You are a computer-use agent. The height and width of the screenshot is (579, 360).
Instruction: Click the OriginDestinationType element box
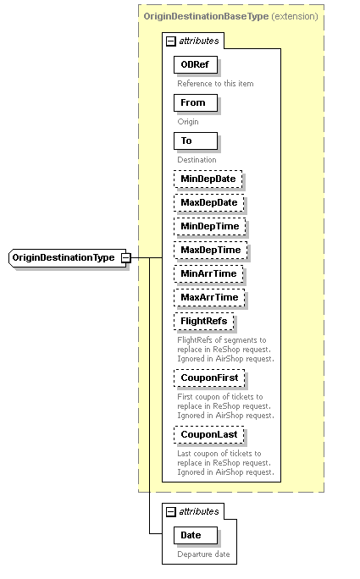pos(64,257)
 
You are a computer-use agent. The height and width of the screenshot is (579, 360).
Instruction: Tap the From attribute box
pos(194,103)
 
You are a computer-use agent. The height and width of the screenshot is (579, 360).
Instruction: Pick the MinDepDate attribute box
pos(208,179)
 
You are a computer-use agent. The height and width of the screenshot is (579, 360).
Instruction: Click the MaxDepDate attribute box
pos(208,202)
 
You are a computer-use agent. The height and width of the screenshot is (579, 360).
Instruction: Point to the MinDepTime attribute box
pos(208,226)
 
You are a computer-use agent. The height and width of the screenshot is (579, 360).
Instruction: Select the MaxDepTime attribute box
pos(209,250)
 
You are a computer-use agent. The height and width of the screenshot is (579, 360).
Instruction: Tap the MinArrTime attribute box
pos(208,273)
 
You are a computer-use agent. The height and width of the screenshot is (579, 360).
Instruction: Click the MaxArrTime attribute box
pos(209,297)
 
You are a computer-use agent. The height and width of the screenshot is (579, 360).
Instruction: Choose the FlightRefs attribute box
pos(203,322)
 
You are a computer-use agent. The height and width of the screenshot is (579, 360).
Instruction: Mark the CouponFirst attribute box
pos(208,378)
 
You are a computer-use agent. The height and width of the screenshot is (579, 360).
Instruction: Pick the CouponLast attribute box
pos(208,435)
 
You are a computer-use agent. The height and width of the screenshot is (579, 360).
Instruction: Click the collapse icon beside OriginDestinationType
pos(125,257)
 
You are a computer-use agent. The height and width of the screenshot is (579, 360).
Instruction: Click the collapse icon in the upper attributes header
pos(170,40)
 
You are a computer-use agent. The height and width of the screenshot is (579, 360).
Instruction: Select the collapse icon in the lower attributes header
pos(170,511)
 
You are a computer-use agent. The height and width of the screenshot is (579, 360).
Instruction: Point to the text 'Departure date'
pos(203,554)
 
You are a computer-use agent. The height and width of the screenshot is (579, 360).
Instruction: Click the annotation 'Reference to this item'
pos(215,84)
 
